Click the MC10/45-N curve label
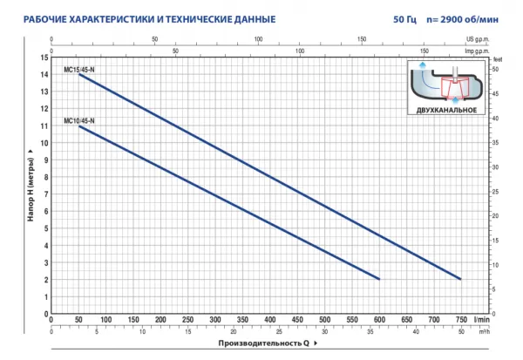(x=79, y=119)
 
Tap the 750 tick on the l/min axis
(x=461, y=320)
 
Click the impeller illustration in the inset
(x=445, y=84)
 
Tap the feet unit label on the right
(x=499, y=59)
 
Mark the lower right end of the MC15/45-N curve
(x=460, y=279)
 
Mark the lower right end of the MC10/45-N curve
(x=379, y=279)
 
